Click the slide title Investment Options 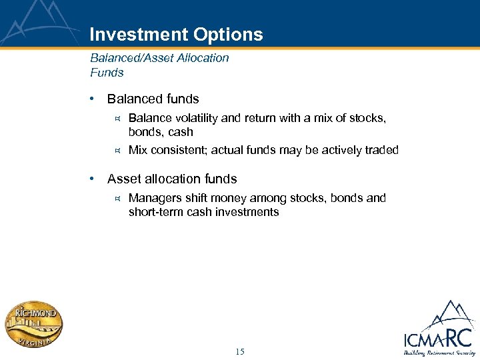176,35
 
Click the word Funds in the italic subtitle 107,72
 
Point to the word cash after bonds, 181,132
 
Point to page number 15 240,351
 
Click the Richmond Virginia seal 35,324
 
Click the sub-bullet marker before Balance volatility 116,119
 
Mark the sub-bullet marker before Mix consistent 116,151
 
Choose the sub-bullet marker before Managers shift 116,199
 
